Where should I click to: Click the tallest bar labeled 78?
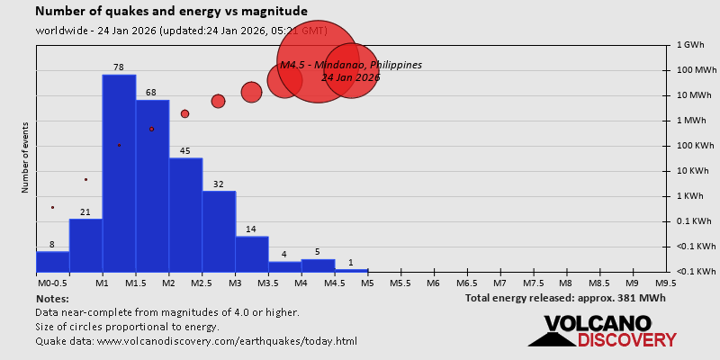(x=119, y=171)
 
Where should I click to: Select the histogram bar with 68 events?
(x=152, y=184)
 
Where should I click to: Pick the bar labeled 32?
(x=219, y=230)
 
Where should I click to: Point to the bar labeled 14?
(x=252, y=253)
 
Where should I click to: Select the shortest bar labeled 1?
(x=351, y=270)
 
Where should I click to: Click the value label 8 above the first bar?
(x=52, y=245)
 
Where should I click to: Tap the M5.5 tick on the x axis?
(x=400, y=283)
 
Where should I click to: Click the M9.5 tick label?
(x=666, y=283)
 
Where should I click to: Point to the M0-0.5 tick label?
(x=52, y=283)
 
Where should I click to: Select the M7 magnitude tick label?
(x=499, y=283)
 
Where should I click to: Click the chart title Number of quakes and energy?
(x=171, y=11)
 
